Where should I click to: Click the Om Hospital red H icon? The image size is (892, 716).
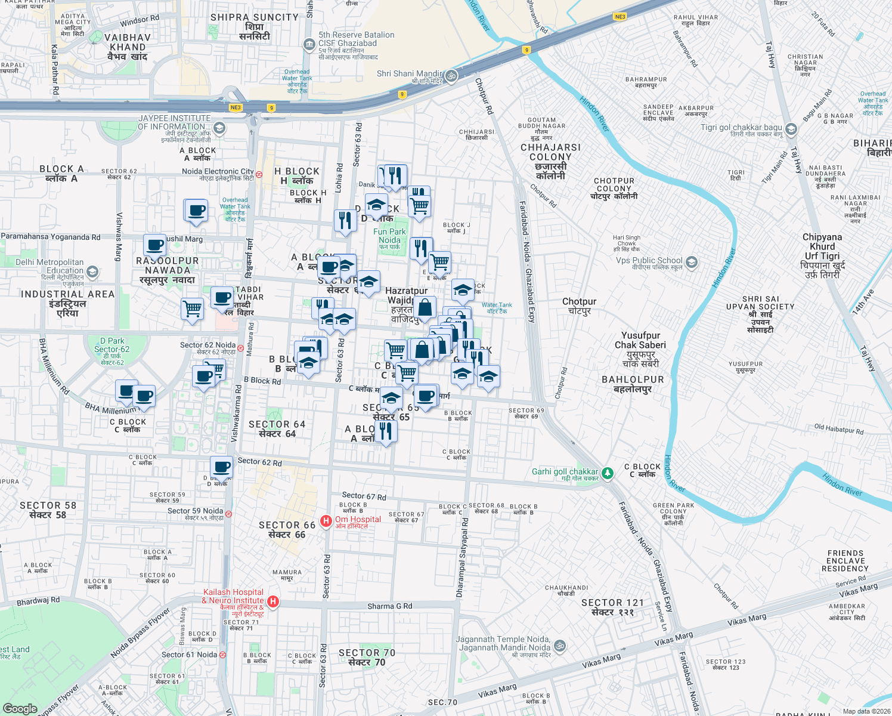(326, 521)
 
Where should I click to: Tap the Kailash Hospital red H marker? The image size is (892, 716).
(273, 601)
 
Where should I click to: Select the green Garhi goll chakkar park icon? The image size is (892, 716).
(607, 473)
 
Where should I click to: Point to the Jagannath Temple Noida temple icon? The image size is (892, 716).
(559, 646)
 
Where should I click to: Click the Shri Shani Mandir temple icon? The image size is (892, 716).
(451, 75)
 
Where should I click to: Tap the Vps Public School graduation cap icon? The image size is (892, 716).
(691, 262)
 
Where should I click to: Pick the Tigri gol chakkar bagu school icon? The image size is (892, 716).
(791, 129)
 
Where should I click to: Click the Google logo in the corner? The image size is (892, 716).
(20, 708)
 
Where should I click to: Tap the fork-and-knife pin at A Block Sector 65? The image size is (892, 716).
(386, 430)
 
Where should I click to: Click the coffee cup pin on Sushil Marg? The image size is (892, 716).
(155, 245)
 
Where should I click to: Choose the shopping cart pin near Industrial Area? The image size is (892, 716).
(193, 309)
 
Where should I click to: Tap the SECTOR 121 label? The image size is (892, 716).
(612, 607)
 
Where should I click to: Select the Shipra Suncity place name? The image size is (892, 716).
(255, 26)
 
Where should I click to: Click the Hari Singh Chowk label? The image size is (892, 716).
(627, 240)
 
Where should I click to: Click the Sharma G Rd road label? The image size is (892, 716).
(389, 606)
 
